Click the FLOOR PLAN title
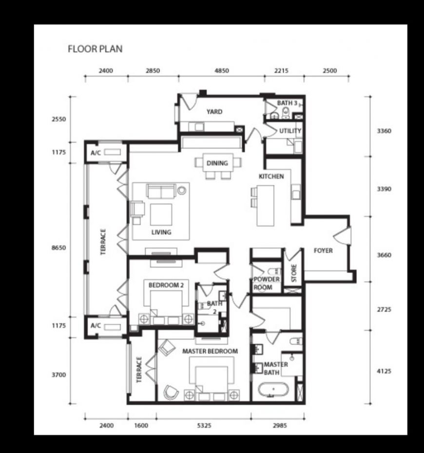[95, 49]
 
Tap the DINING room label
[217, 163]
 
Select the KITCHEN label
[271, 176]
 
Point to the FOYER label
[323, 251]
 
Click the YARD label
[214, 112]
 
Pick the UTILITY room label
[290, 131]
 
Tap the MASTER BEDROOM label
[210, 351]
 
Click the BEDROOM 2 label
[166, 285]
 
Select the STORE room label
[294, 273]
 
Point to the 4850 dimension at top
[222, 71]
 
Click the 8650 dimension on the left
[58, 248]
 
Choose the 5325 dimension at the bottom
[204, 425]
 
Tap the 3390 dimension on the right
[384, 189]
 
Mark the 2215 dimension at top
[281, 71]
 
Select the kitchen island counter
[266, 206]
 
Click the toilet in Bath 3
[286, 113]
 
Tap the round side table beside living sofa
[182, 190]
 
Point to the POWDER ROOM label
[267, 283]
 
